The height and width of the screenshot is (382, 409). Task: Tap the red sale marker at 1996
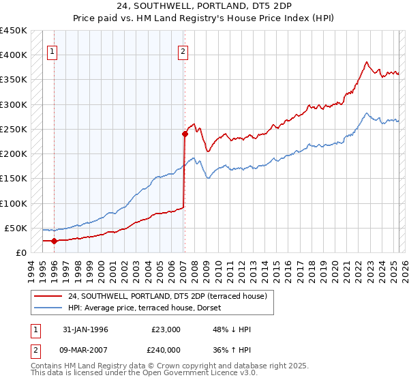(x=54, y=241)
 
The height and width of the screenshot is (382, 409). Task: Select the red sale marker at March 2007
(x=185, y=134)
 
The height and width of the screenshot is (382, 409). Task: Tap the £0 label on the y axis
(x=21, y=252)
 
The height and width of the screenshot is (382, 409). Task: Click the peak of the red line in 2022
(x=366, y=62)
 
